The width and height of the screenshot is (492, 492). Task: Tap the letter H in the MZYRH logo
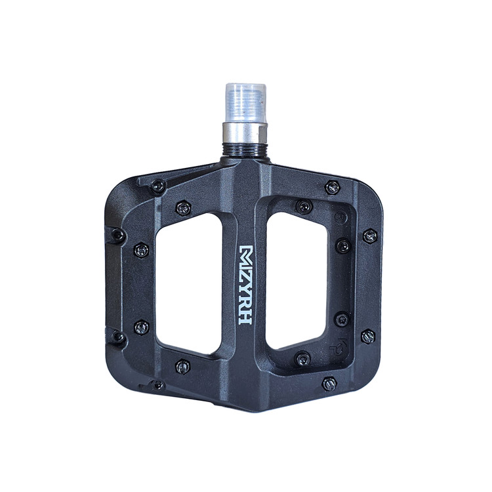coord(246,318)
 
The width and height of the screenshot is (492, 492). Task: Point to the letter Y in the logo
coord(246,283)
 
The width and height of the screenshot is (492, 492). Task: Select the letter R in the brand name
coord(246,301)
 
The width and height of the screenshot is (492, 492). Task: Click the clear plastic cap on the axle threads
coord(245,103)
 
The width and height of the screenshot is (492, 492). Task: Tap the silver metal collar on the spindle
coord(245,133)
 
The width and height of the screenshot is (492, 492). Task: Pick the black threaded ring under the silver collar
coord(245,151)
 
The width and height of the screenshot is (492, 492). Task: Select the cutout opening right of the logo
coord(297,281)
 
